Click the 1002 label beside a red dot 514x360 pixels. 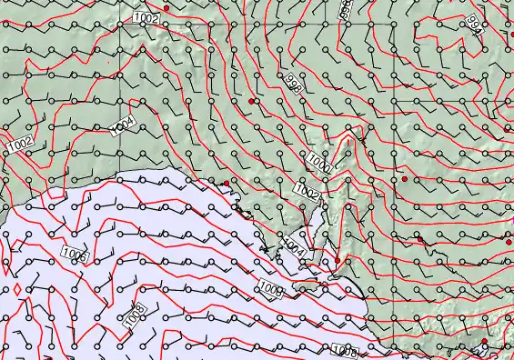tap(146, 17)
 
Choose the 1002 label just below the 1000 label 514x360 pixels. tap(307, 193)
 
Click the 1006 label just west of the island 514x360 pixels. tap(271, 289)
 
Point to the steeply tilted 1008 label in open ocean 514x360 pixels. tap(135, 315)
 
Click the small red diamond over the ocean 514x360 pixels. tap(18, 288)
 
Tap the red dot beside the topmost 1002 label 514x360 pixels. tap(166, 7)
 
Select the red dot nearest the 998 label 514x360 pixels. tap(251, 101)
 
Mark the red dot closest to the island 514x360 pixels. tap(337, 261)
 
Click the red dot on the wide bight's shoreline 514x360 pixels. tap(227, 184)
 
